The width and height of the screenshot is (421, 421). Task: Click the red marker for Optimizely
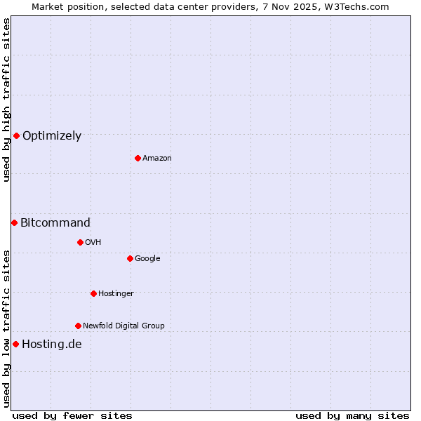coord(16,135)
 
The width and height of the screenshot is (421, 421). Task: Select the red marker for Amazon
coord(138,158)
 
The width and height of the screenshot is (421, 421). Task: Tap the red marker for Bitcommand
coord(14,222)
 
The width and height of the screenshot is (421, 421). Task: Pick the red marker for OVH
coord(80,242)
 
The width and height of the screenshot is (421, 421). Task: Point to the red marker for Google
coord(130,258)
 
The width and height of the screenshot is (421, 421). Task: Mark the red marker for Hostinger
coord(93,293)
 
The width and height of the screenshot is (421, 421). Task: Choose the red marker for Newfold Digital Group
coord(78,326)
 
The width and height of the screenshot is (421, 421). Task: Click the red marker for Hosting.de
coord(15,344)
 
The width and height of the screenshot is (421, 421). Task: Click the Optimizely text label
coord(52,136)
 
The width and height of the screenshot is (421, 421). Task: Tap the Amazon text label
coord(157,159)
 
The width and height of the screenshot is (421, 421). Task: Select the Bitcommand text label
coord(55,223)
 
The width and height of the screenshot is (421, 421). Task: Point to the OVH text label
coord(93,243)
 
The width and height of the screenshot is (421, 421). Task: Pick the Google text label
coord(147,259)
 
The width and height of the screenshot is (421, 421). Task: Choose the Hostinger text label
coord(116,294)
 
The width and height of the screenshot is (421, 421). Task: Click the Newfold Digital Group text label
coord(123,326)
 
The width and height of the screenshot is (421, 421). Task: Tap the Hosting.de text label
coord(52,345)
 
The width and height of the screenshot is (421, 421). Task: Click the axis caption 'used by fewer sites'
coord(72,415)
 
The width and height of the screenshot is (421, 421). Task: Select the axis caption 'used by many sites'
coord(352,415)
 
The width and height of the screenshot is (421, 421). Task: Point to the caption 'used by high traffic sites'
coord(6,100)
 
